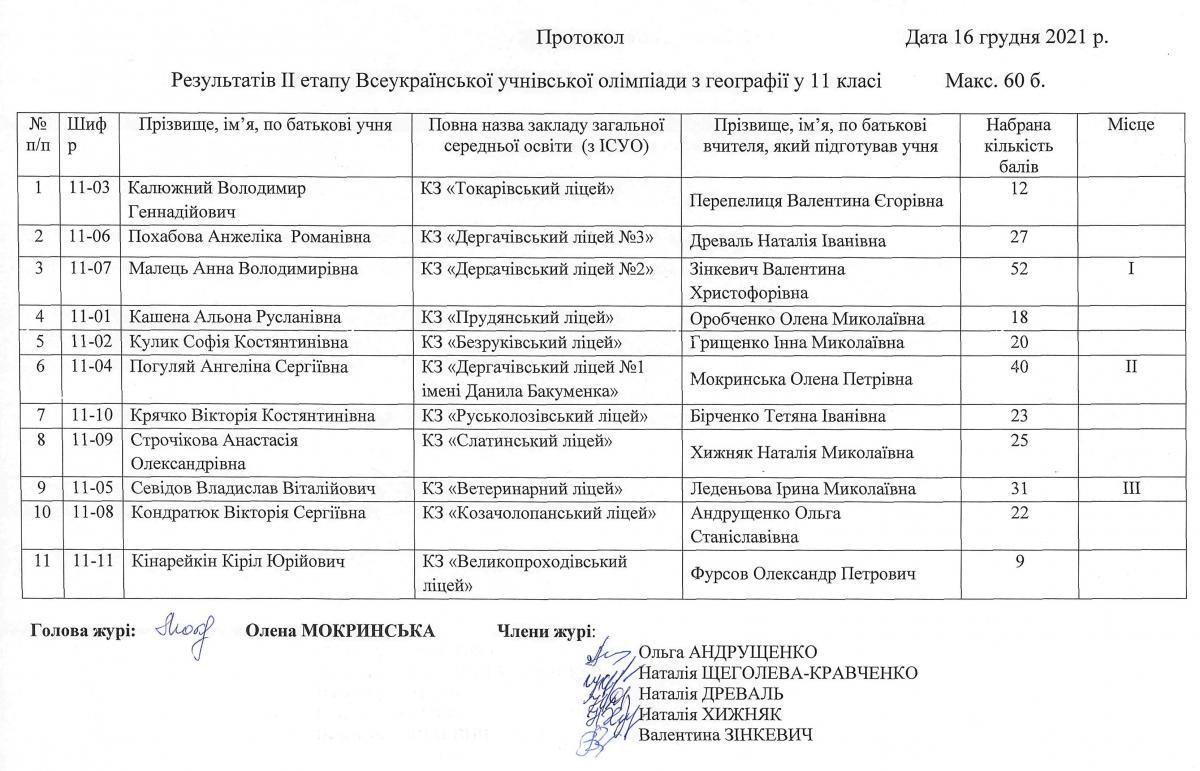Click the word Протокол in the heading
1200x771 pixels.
pos(580,39)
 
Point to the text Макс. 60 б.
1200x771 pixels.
pos(994,79)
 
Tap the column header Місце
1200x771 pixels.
pos(1131,125)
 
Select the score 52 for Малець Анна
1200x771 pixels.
pos(1019,268)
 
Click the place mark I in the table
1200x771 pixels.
pos(1131,268)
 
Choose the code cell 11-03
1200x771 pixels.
pos(90,188)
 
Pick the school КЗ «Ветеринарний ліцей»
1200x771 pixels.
pos(522,489)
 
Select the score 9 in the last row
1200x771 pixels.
pos(1019,562)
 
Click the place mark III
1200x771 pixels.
pos(1131,489)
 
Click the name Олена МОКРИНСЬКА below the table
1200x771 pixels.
pos(340,631)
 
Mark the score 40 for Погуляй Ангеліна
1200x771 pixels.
pos(1019,367)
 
